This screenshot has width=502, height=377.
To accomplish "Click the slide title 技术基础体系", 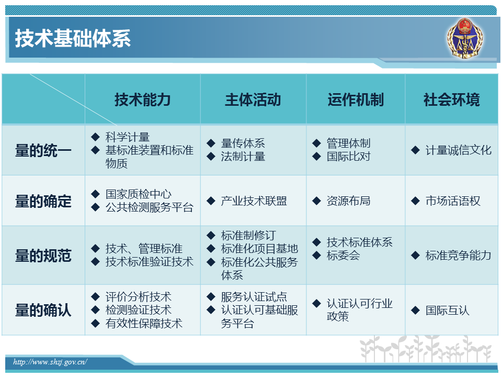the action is [73, 38].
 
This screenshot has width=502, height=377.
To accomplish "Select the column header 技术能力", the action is [142, 99].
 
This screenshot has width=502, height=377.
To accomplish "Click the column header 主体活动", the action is [253, 99].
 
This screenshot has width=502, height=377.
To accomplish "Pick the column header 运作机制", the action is [356, 99].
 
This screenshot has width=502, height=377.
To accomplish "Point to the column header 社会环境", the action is [452, 99].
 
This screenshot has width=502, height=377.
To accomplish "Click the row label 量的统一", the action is [43, 150].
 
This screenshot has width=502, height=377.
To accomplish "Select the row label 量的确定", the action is [43, 201].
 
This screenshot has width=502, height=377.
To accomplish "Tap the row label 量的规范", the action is [43, 256].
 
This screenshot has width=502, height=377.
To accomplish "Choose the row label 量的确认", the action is [43, 310].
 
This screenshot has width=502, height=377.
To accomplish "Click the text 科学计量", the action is [128, 137].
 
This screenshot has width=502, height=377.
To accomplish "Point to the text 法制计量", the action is [243, 157].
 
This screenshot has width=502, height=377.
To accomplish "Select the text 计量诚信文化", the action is [459, 150].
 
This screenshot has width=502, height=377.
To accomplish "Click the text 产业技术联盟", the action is [254, 201].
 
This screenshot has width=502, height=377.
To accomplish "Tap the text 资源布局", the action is [349, 201].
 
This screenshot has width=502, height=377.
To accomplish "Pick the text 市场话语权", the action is [453, 201].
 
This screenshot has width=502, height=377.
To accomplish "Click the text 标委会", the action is [343, 256].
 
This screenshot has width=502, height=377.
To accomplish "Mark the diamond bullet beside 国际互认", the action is [415, 311].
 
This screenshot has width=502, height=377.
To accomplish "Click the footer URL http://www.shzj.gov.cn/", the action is [50, 362].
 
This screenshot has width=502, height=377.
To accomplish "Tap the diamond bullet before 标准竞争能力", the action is [415, 256].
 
